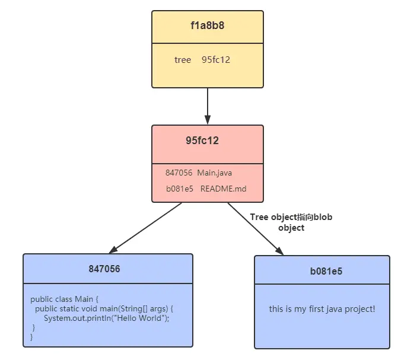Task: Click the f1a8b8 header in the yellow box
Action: [x=207, y=26]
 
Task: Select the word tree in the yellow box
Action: [x=183, y=60]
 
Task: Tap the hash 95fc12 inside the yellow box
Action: [x=215, y=60]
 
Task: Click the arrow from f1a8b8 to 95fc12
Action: [x=207, y=106]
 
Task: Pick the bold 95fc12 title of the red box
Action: [x=202, y=141]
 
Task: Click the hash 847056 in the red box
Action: [x=179, y=172]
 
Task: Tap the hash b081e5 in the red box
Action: [x=180, y=189]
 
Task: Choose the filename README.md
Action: [x=223, y=189]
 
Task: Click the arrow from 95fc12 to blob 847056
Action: [x=146, y=228]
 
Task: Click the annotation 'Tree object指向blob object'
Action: [x=291, y=222]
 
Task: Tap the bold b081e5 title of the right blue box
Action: [x=326, y=272]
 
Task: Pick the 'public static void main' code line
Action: [x=104, y=309]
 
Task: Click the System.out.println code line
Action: [x=106, y=318]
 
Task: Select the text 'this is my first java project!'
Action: [x=322, y=309]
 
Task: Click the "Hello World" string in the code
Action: [x=143, y=318]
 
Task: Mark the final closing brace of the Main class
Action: [x=32, y=337]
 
